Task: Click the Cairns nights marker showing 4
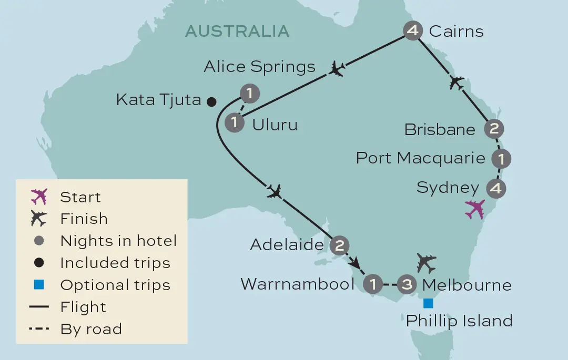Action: [413, 30]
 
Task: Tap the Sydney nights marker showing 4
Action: [496, 188]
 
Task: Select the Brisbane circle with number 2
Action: [493, 129]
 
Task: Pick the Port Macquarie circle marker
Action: [501, 158]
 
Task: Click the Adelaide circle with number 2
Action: [339, 244]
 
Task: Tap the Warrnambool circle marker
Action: [373, 285]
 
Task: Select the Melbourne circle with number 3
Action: [407, 285]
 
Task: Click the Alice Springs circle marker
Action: [250, 94]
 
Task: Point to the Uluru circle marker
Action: [234, 123]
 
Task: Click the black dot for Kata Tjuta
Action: [211, 101]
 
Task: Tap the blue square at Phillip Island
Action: [428, 303]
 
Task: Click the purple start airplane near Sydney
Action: [475, 209]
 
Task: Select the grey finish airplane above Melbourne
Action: [426, 262]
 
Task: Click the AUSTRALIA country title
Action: [237, 31]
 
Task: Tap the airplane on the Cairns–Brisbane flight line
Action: [457, 82]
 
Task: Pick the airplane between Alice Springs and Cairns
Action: [337, 68]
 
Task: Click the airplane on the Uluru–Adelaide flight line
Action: [274, 191]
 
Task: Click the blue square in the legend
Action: [38, 285]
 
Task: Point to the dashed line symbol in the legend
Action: [39, 329]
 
